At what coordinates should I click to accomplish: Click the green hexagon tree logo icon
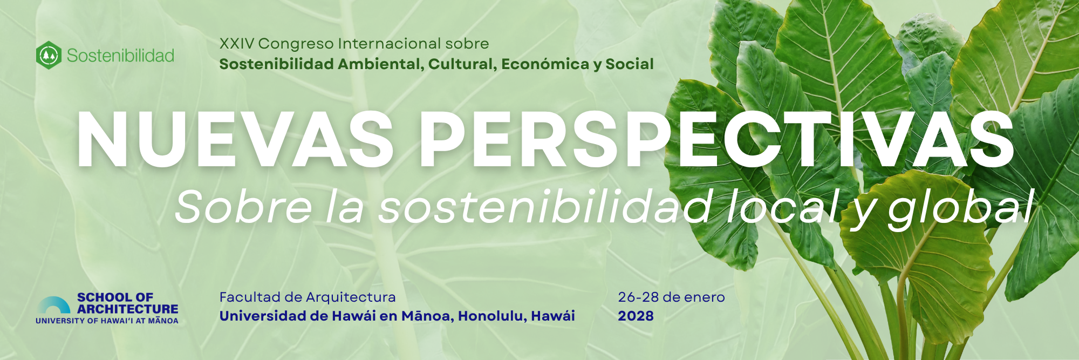pyautogui.click(x=49, y=55)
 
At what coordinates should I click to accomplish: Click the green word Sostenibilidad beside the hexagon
pyautogui.click(x=120, y=56)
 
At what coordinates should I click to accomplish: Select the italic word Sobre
pyautogui.click(x=243, y=207)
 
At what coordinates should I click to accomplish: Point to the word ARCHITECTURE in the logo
pyautogui.click(x=127, y=309)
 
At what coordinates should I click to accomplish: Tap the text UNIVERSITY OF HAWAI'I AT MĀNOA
pyautogui.click(x=107, y=321)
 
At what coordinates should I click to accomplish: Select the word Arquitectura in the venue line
pyautogui.click(x=351, y=297)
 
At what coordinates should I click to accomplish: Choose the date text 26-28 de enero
pyautogui.click(x=671, y=297)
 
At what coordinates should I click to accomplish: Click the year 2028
pyautogui.click(x=636, y=316)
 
